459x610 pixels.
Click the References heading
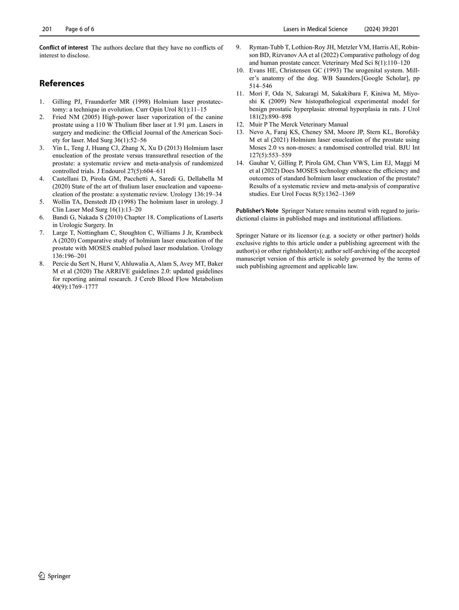pyautogui.click(x=62, y=83)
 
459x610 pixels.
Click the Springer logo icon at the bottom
pyautogui.click(x=42, y=576)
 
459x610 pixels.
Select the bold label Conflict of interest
pyautogui.click(x=63, y=47)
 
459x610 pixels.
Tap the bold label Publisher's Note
pyautogui.click(x=257, y=211)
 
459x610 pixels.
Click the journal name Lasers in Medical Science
pyautogui.click(x=315, y=29)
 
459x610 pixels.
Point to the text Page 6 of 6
pyautogui.click(x=79, y=29)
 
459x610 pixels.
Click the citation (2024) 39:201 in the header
pyautogui.click(x=381, y=29)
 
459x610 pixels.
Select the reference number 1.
pyautogui.click(x=41, y=102)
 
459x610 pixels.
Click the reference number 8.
pyautogui.click(x=41, y=264)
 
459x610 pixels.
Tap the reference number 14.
pyautogui.click(x=240, y=163)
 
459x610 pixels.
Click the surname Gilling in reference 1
pyautogui.click(x=62, y=102)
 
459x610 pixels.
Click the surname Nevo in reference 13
pyautogui.click(x=257, y=132)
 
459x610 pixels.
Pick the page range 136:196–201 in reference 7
pyautogui.click(x=69, y=256)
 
